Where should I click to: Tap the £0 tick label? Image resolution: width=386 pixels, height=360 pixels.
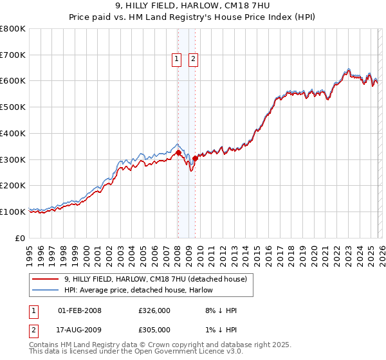[21, 238]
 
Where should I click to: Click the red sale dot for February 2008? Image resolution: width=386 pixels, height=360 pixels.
[178, 152]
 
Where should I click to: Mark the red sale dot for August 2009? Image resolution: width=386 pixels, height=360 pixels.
[195, 158]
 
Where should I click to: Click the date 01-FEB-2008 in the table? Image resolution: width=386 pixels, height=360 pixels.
[80, 310]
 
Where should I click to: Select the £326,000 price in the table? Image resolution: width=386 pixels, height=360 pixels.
[154, 310]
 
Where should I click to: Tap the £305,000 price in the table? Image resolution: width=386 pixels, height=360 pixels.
[154, 330]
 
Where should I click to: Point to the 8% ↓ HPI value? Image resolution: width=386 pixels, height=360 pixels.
[221, 310]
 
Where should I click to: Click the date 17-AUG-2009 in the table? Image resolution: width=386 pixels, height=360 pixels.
[80, 330]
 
